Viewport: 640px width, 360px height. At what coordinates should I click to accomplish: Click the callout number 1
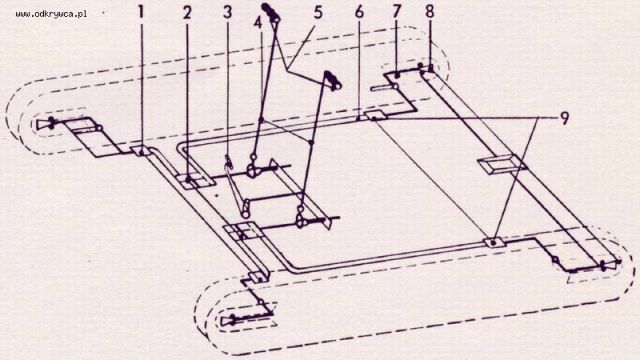click(141, 12)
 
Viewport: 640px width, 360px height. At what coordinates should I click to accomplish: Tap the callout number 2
click(187, 13)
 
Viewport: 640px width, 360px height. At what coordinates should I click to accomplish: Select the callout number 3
click(227, 12)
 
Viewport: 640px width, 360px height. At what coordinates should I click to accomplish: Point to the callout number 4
click(258, 23)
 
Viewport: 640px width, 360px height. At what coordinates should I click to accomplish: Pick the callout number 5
click(318, 12)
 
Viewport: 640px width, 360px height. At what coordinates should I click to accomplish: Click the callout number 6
click(359, 12)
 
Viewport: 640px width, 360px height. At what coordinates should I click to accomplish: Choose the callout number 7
click(397, 11)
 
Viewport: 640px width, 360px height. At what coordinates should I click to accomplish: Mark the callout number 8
click(429, 11)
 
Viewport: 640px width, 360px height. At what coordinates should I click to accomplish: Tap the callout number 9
click(564, 118)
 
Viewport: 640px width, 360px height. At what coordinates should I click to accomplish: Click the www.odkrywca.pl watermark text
click(51, 14)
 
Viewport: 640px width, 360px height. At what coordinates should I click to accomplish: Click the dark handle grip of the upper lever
click(271, 12)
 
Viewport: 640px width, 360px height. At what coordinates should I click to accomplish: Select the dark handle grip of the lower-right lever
click(333, 80)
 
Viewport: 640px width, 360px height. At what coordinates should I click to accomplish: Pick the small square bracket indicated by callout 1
click(142, 151)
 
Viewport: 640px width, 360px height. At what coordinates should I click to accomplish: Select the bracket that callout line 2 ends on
click(196, 181)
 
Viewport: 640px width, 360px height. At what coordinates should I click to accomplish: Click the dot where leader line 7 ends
click(397, 73)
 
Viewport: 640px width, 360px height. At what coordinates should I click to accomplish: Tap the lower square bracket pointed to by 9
click(494, 242)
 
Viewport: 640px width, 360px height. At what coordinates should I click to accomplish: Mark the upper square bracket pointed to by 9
click(374, 116)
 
